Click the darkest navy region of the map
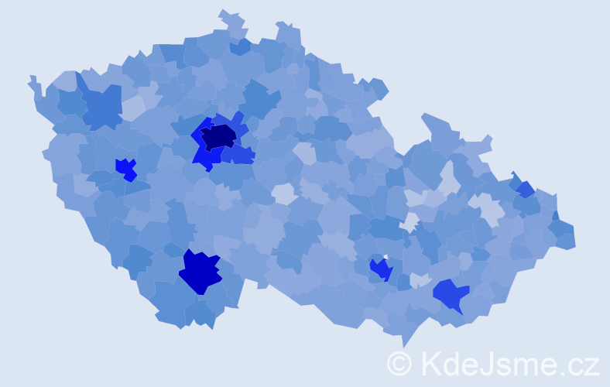219,136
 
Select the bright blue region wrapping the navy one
203,155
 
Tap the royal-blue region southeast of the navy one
242,155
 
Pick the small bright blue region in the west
125,167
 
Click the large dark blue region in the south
200,272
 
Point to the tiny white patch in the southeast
385,257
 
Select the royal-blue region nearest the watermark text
451,295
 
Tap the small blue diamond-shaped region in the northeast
526,189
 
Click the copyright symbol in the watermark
399,363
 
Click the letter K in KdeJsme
430,363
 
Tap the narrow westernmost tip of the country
31,78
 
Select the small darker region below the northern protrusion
241,46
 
